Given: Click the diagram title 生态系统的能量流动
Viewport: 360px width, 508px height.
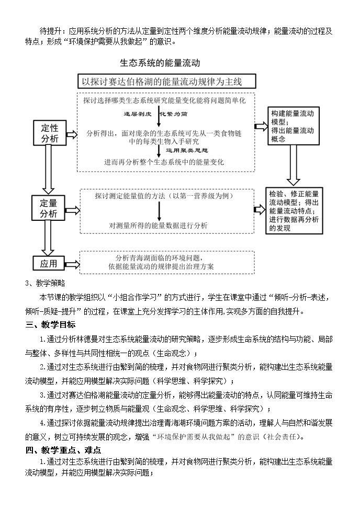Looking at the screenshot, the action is pyautogui.click(x=160, y=63).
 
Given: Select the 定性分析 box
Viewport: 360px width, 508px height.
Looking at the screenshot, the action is pyautogui.click(x=50, y=133).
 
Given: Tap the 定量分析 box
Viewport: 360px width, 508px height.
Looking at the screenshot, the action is pyautogui.click(x=48, y=208).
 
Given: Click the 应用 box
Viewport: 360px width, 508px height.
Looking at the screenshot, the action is pyautogui.click(x=49, y=263).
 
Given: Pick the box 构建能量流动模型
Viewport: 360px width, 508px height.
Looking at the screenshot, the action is pyautogui.click(x=293, y=126).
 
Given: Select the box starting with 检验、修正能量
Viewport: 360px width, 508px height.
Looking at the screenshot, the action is pyautogui.click(x=294, y=211).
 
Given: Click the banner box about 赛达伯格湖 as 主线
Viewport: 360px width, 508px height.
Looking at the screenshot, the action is pyautogui.click(x=167, y=81).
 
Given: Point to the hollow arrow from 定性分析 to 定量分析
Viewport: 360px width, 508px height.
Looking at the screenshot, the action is pyautogui.click(x=48, y=170).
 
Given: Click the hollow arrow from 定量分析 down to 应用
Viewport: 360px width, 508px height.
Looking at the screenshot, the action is pyautogui.click(x=48, y=238).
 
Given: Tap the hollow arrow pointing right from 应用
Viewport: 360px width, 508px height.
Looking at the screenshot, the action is pyautogui.click(x=72, y=264).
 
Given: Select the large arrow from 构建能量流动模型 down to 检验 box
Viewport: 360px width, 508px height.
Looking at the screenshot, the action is pyautogui.click(x=293, y=165).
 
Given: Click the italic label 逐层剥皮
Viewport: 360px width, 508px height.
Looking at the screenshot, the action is pyautogui.click(x=138, y=114).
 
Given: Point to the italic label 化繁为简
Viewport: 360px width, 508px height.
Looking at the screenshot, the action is pyautogui.click(x=173, y=114).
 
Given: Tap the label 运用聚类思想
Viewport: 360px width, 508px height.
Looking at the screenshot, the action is pyautogui.click(x=187, y=150).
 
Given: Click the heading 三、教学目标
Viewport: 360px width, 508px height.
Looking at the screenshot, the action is pyautogui.click(x=51, y=325).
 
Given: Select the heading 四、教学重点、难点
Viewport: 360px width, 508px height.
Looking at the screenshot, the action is pyautogui.click(x=63, y=450).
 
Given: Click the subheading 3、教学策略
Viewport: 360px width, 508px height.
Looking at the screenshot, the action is pyautogui.click(x=45, y=283).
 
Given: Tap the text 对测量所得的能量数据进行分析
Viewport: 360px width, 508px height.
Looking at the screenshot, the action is pyautogui.click(x=158, y=225).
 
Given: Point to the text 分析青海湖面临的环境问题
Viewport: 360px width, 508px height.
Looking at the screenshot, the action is pyautogui.click(x=160, y=258).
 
